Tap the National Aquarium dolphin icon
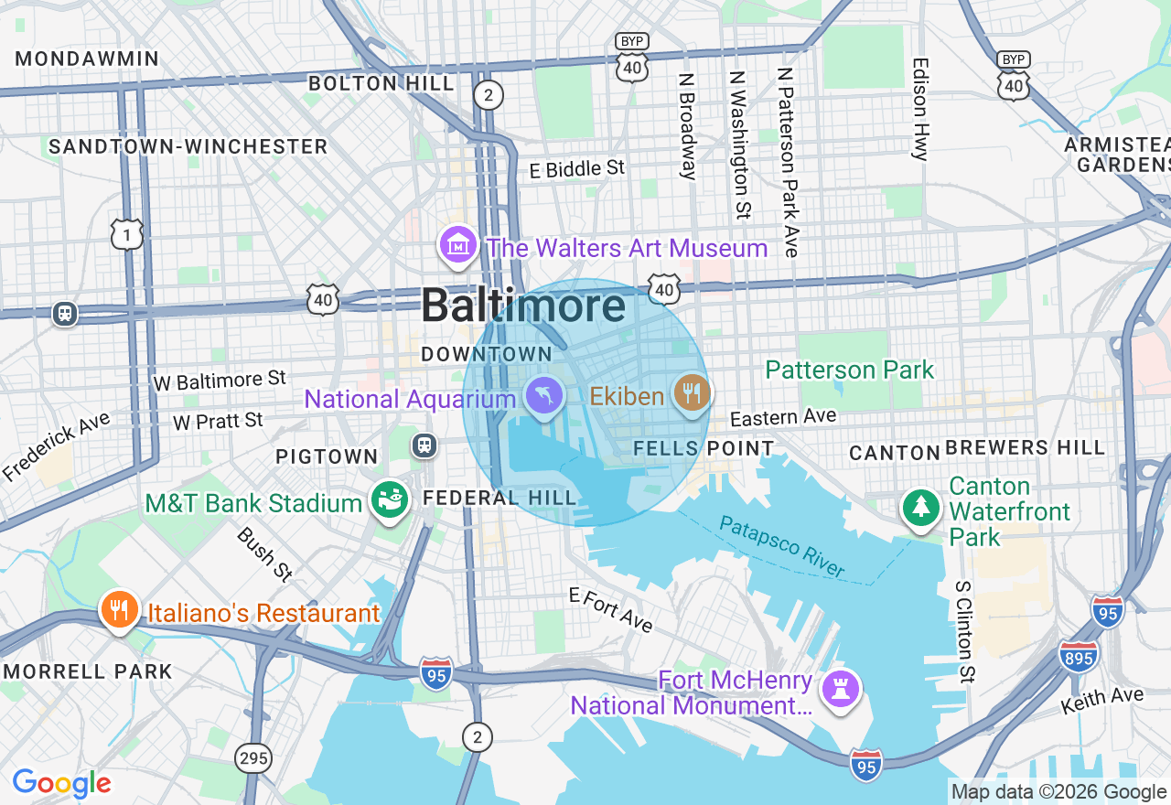(545, 396)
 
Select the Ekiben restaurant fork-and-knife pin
(692, 393)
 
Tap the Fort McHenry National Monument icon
(841, 691)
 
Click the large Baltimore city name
(523, 306)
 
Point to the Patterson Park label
(849, 370)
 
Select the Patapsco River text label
(782, 546)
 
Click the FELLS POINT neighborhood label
(704, 448)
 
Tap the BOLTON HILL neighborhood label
(381, 83)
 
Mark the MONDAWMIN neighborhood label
(87, 59)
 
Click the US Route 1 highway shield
(127, 234)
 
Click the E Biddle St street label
(577, 169)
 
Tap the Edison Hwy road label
(920, 110)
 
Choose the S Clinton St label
(962, 631)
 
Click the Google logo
(62, 783)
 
